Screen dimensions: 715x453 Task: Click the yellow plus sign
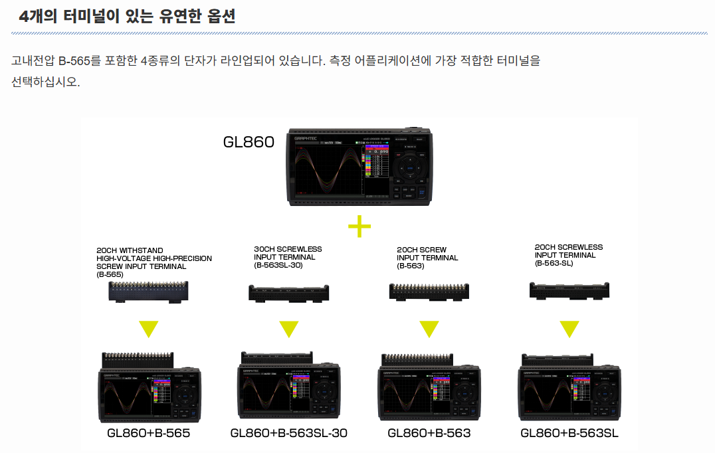point(359,227)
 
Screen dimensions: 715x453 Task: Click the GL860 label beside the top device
point(249,141)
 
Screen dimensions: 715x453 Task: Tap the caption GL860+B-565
point(149,433)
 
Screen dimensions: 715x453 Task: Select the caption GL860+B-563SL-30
point(288,433)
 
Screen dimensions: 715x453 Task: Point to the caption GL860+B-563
point(429,433)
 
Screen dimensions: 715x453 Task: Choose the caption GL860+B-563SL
point(569,433)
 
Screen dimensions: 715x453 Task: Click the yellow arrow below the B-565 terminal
point(149,329)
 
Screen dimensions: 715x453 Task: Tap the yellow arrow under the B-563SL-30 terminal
point(288,329)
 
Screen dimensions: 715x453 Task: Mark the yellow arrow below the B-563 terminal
point(429,329)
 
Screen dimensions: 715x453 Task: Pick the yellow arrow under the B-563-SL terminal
point(569,329)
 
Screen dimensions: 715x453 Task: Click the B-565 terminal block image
point(149,291)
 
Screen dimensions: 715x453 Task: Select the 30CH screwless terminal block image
point(289,292)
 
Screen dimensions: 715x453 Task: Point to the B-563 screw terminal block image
point(429,291)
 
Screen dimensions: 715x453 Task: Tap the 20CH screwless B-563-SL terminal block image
point(569,290)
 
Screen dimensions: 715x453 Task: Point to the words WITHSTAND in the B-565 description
point(142,250)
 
